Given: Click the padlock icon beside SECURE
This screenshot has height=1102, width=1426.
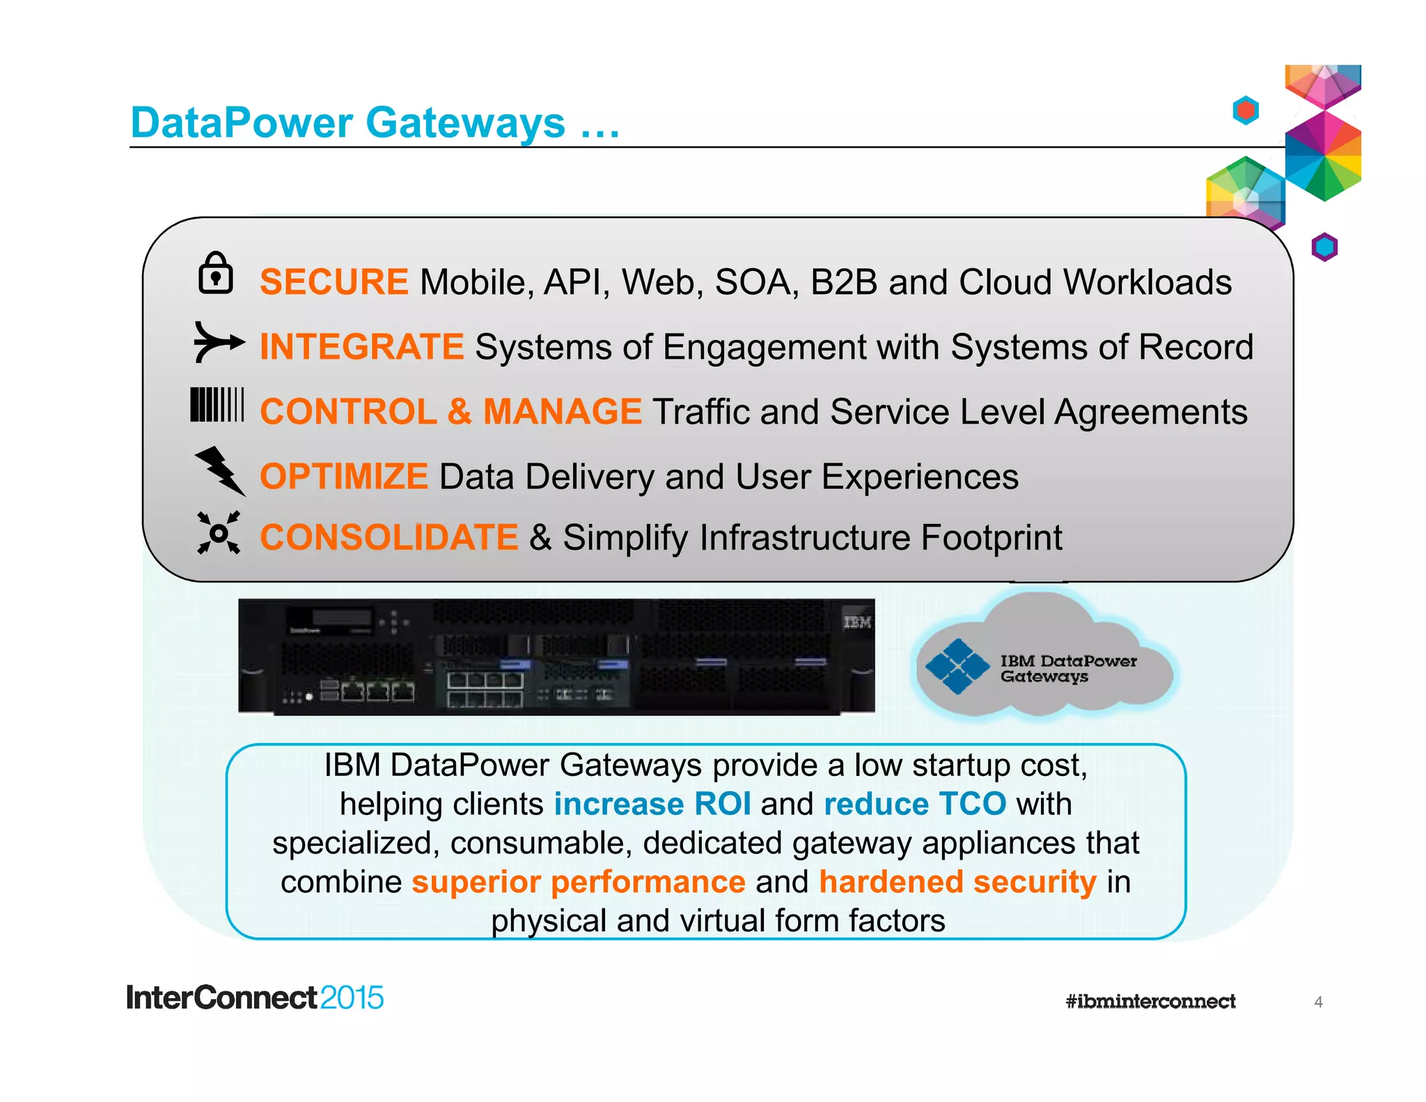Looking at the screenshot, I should pyautogui.click(x=215, y=273).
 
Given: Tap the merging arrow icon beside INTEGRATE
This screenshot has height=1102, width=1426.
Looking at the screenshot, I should pyautogui.click(x=218, y=342).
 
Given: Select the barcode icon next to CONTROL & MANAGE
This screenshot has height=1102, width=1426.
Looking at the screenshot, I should pyautogui.click(x=217, y=405).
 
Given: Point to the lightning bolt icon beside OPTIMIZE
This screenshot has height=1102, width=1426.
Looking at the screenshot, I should pyautogui.click(x=220, y=471).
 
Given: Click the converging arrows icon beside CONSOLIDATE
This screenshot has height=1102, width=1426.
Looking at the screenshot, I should pyautogui.click(x=219, y=533).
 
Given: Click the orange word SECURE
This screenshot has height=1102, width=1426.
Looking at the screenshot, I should pyautogui.click(x=334, y=282).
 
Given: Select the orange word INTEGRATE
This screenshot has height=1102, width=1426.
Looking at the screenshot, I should pyautogui.click(x=361, y=347).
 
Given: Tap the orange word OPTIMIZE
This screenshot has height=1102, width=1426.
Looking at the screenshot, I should pyautogui.click(x=343, y=477).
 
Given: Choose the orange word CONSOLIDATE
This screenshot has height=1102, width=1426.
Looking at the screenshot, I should pyautogui.click(x=389, y=538).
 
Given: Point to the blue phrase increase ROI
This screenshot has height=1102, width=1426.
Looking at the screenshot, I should pyautogui.click(x=652, y=804).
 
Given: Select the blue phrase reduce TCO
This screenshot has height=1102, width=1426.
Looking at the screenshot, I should pyautogui.click(x=915, y=804).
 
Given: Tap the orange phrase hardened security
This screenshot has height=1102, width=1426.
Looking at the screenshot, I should pyautogui.click(x=957, y=882).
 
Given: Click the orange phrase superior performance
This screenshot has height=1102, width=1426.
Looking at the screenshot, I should pyautogui.click(x=579, y=882).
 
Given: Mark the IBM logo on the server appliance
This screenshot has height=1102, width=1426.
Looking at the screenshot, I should pyautogui.click(x=857, y=622).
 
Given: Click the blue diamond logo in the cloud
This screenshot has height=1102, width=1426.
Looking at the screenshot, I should pyautogui.click(x=957, y=667).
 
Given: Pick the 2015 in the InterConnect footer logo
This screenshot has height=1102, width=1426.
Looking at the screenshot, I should pyautogui.click(x=352, y=998).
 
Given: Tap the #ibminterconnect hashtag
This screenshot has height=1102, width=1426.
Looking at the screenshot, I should pyautogui.click(x=1150, y=1002).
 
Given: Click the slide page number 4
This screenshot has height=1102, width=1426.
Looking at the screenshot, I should pyautogui.click(x=1318, y=1002).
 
